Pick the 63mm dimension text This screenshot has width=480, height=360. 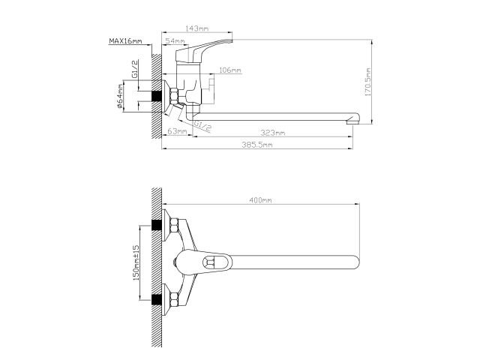(177, 132)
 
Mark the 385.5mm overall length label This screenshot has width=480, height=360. (258, 145)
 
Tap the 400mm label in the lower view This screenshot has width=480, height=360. (261, 200)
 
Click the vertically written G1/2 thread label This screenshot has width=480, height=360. (134, 71)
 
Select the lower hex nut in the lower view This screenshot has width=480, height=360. (172, 299)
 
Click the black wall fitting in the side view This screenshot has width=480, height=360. (157, 98)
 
